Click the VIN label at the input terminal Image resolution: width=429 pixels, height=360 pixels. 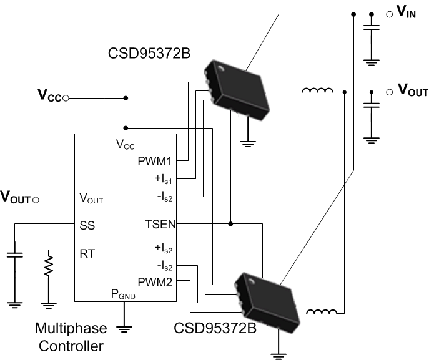click(x=406, y=12)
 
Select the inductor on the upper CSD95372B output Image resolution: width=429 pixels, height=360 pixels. click(x=317, y=92)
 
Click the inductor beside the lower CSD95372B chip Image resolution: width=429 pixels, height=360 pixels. click(x=322, y=312)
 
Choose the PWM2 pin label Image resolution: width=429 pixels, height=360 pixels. click(x=155, y=282)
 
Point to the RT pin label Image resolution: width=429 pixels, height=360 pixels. click(x=87, y=253)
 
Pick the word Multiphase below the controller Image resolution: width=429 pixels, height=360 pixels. click(x=71, y=328)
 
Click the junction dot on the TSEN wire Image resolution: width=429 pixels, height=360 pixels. click(x=231, y=223)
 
